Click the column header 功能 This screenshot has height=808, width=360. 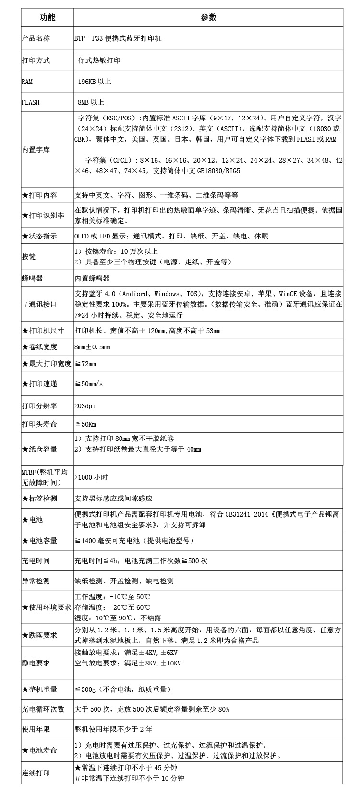click(47, 17)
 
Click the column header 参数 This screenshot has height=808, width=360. click(208, 17)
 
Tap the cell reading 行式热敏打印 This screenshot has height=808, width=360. click(99, 60)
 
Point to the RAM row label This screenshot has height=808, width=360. click(27, 82)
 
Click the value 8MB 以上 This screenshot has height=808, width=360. click(91, 102)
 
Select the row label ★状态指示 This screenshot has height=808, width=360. click(39, 236)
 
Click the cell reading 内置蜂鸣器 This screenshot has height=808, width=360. click(92, 278)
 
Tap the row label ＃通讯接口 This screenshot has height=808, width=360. click(39, 304)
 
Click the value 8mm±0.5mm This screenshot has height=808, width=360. click(92, 347)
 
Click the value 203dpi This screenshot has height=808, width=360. click(85, 406)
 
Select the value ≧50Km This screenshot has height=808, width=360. click(85, 424)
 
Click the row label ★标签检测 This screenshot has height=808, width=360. click(39, 499)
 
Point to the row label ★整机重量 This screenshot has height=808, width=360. click(39, 689)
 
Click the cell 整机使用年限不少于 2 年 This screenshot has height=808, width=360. click(113, 729)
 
